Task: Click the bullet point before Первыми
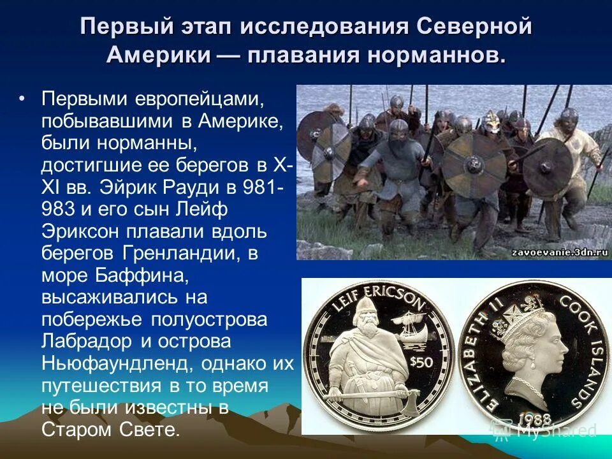pos(23,99)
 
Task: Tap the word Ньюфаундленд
pos(117,363)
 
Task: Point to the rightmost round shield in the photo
pos(547,167)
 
